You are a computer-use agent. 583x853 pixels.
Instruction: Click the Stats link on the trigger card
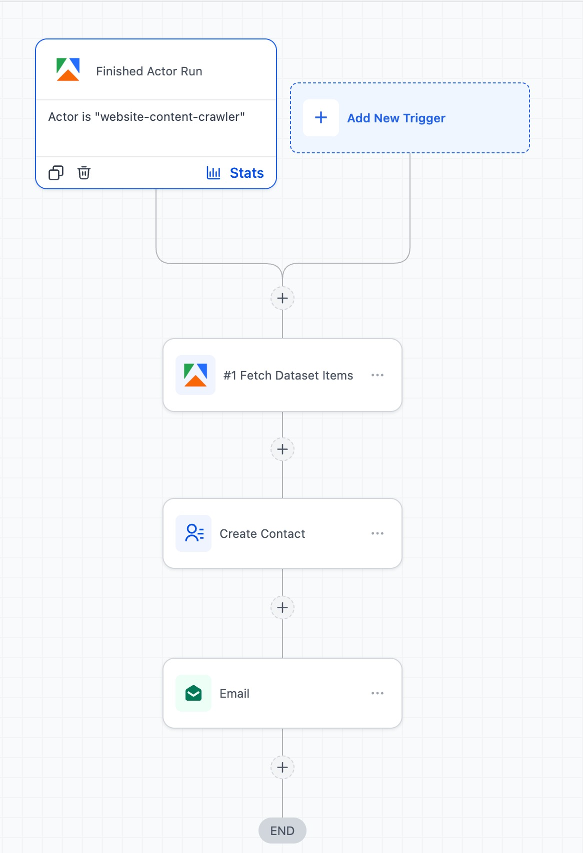point(235,173)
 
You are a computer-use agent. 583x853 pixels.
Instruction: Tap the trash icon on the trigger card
point(84,172)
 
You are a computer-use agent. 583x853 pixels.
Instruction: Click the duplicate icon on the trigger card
point(56,172)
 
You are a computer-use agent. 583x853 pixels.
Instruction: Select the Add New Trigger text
point(396,118)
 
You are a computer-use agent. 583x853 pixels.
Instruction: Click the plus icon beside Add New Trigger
point(320,118)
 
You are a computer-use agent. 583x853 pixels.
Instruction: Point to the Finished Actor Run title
point(149,71)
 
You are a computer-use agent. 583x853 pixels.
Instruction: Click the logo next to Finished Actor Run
point(68,69)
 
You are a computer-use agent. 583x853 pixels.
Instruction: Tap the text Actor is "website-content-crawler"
point(146,116)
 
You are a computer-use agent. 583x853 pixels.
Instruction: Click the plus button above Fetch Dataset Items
point(282,298)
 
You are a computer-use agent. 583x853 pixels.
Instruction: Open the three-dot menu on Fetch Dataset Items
point(377,375)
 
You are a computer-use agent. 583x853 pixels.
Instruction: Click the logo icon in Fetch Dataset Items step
point(195,375)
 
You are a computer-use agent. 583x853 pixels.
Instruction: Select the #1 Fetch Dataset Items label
point(288,376)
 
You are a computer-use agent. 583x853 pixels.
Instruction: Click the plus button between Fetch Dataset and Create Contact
point(282,449)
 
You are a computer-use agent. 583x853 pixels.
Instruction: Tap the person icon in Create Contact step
point(193,533)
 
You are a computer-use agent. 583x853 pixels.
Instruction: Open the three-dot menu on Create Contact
point(377,533)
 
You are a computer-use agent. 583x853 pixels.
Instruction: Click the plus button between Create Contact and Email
point(282,607)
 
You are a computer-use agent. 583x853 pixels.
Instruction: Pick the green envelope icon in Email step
point(193,693)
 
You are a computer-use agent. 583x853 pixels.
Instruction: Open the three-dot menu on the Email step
point(377,693)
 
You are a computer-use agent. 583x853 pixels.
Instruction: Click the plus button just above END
point(282,767)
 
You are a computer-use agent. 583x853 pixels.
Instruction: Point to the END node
point(282,831)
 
